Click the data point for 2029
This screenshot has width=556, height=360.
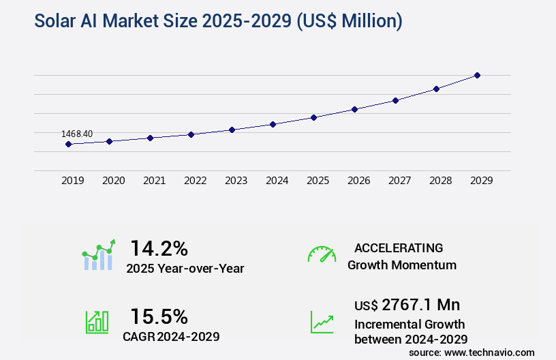(x=477, y=75)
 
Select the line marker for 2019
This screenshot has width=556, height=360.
(x=68, y=144)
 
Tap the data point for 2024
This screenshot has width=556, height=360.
(x=273, y=124)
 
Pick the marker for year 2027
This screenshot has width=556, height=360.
(x=395, y=100)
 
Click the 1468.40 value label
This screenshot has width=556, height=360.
(x=77, y=134)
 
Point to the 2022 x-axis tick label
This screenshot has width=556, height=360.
(x=195, y=181)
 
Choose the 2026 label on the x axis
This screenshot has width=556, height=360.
(x=358, y=181)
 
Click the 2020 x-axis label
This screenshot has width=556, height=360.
(x=113, y=181)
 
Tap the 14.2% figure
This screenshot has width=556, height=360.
(x=159, y=248)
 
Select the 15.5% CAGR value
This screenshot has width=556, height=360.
(x=159, y=316)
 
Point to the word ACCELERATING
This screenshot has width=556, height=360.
(x=399, y=248)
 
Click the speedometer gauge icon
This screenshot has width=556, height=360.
(x=322, y=254)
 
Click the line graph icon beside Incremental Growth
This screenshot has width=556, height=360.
(x=322, y=322)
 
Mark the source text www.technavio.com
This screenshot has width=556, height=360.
(x=490, y=352)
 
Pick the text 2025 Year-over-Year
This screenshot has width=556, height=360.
(x=185, y=269)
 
